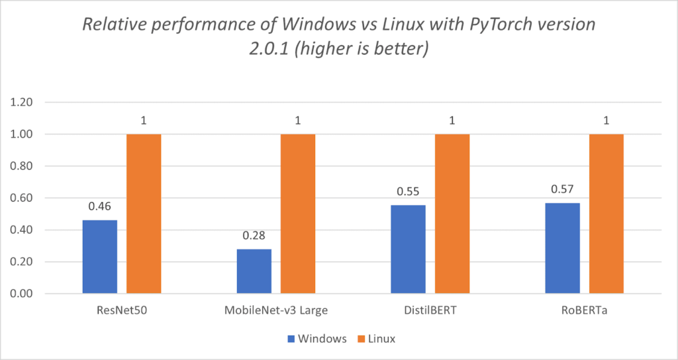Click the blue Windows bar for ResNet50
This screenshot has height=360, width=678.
[100, 257]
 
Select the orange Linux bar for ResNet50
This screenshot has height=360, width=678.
[144, 214]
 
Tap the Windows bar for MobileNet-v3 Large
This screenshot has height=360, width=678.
[254, 271]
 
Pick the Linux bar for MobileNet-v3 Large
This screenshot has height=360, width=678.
[298, 214]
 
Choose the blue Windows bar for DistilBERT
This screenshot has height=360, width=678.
[408, 249]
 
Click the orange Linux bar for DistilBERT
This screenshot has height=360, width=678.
[452, 214]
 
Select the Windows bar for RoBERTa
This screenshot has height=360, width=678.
[562, 248]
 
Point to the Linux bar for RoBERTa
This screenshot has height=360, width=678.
[606, 214]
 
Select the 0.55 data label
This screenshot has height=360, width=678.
[408, 192]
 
